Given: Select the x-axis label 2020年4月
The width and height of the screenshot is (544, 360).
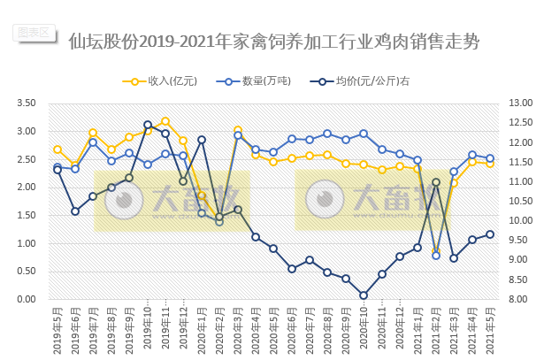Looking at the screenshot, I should click(x=257, y=327).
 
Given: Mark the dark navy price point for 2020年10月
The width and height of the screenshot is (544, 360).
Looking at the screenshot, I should click(x=364, y=295).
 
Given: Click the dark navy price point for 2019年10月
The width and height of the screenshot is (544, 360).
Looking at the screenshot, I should click(x=148, y=126).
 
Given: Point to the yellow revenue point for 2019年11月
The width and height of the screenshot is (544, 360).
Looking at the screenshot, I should click(x=165, y=121).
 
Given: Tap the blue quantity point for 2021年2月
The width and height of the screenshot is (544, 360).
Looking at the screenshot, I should click(x=436, y=256).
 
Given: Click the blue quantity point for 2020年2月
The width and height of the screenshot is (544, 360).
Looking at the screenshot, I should click(x=219, y=221).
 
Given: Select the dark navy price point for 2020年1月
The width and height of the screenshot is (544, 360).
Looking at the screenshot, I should click(x=202, y=140).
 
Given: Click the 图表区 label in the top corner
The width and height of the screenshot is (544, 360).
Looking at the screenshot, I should click(x=34, y=32).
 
